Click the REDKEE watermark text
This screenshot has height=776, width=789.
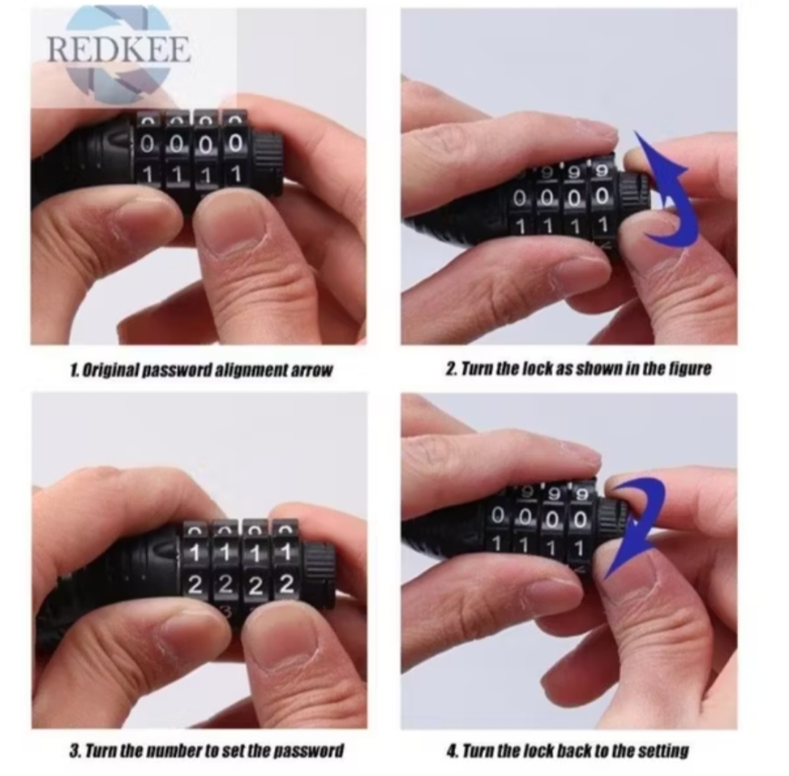(119, 49)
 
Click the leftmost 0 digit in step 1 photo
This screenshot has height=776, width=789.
(147, 145)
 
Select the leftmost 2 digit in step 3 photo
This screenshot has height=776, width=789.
(195, 585)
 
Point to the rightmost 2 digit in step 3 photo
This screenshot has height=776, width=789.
(286, 585)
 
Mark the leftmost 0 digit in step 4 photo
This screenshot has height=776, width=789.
(498, 515)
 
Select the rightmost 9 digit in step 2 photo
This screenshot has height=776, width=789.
(601, 172)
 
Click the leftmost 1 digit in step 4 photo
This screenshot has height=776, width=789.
(498, 544)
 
